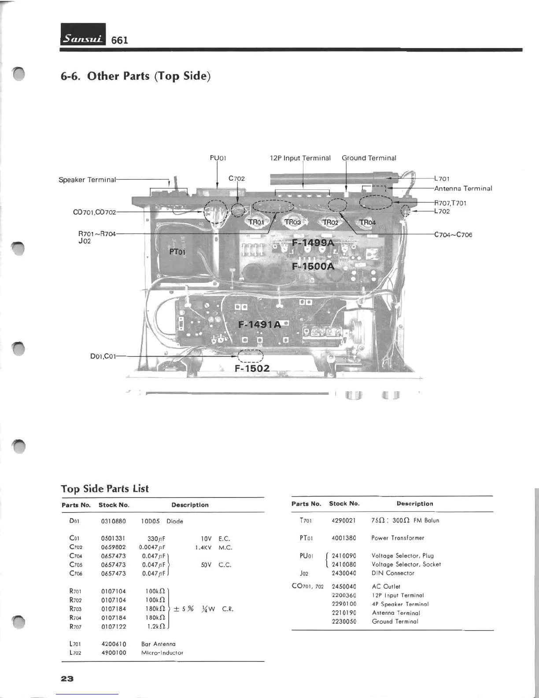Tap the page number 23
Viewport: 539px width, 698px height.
67,679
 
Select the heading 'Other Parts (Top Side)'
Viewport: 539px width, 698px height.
136,76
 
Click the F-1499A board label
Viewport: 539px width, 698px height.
313,243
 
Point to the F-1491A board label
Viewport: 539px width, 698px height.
259,325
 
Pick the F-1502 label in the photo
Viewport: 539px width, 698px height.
252,368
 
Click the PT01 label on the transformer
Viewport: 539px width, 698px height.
177,252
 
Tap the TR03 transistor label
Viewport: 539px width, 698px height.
292,222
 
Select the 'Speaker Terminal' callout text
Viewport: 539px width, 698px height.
87,180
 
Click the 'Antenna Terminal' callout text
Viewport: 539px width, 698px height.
463,189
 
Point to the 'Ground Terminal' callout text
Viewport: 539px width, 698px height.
369,158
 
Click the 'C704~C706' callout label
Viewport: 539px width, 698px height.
453,234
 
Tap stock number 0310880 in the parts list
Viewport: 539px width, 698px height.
114,521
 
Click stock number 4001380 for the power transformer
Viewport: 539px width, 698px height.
344,538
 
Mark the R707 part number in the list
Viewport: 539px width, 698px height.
75,626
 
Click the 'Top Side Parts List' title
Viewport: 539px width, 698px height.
105,489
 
